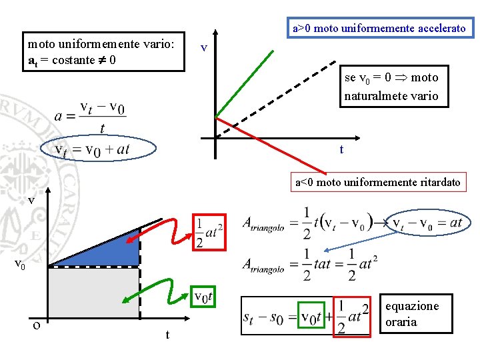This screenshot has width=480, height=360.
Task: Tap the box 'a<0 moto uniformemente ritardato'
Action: click(378, 181)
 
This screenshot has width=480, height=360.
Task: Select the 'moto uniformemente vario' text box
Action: click(103, 52)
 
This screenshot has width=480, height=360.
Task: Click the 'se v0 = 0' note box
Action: click(392, 87)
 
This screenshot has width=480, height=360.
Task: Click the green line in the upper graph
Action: click(245, 83)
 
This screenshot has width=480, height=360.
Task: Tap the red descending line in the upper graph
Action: click(267, 144)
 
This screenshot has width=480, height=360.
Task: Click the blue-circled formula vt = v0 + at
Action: click(98, 150)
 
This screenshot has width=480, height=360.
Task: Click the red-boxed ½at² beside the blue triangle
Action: click(209, 232)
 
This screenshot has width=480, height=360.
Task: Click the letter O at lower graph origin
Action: click(37, 325)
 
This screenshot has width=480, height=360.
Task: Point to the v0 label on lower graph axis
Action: click(22, 265)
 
